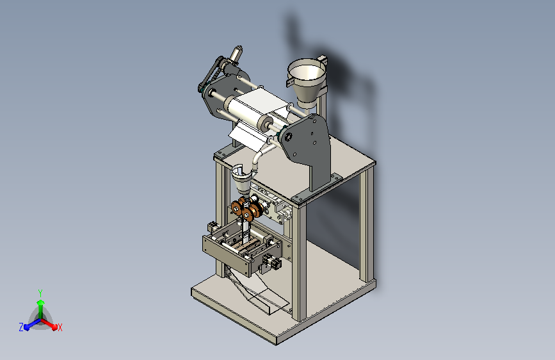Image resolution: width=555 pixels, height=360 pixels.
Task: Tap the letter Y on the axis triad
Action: point(40,293)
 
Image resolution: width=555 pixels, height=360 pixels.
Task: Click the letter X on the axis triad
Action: point(60,327)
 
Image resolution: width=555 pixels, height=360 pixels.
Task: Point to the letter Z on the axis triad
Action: point(21,327)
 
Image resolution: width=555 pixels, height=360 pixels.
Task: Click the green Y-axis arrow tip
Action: point(40,302)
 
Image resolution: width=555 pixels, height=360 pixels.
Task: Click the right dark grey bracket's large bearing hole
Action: point(288,136)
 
